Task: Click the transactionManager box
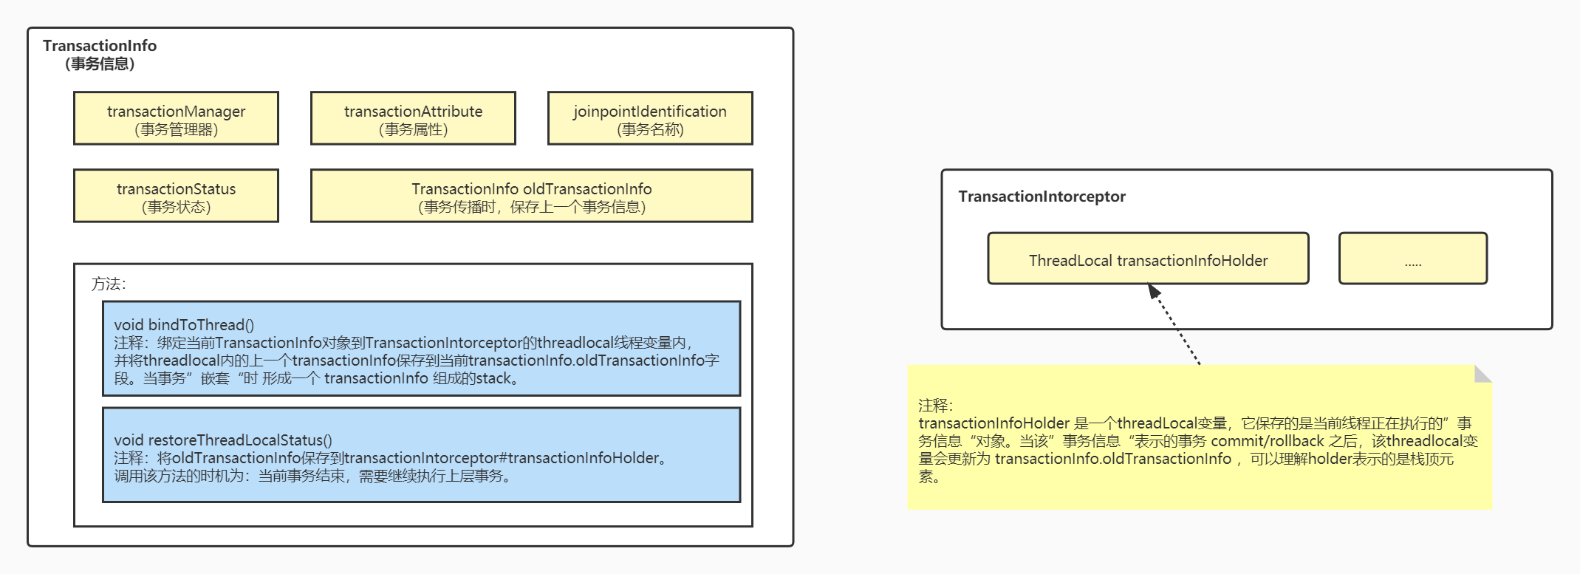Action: tap(176, 118)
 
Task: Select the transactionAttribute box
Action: tap(413, 118)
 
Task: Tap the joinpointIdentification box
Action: tap(650, 118)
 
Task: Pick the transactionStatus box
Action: tap(176, 196)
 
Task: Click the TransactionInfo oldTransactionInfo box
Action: tap(531, 196)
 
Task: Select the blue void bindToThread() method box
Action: tap(421, 349)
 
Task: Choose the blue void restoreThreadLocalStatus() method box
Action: tap(421, 455)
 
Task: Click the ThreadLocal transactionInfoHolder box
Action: tap(1148, 259)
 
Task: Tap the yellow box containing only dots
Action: tap(1412, 259)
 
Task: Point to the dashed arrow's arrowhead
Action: tap(1155, 291)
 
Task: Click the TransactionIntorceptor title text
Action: tap(1042, 197)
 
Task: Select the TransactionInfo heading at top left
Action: tap(100, 46)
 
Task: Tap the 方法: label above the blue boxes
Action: tap(109, 284)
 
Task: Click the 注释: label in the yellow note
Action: tap(936, 406)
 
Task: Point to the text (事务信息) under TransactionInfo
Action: tap(100, 64)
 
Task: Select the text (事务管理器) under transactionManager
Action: tap(176, 130)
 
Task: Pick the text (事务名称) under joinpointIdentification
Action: tap(650, 130)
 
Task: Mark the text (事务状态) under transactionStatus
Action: tap(176, 208)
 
